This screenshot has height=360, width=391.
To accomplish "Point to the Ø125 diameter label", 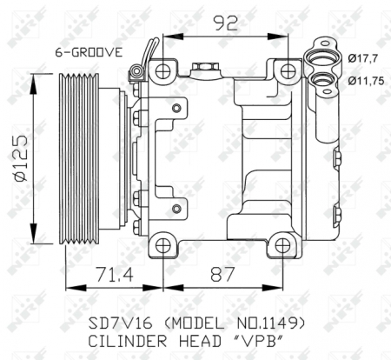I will (18, 159).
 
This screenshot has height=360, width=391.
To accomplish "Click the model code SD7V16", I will (119, 322).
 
